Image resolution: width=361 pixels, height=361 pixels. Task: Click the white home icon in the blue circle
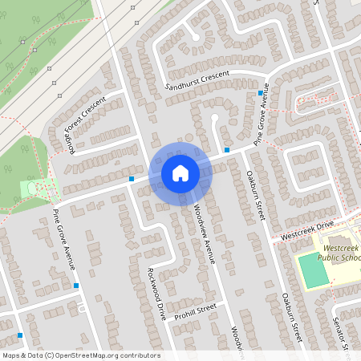click(180, 173)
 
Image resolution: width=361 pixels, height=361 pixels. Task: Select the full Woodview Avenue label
click(205, 233)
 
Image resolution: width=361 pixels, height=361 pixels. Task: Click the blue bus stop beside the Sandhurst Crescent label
click(261, 93)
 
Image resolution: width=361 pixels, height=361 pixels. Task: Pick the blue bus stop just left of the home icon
click(132, 178)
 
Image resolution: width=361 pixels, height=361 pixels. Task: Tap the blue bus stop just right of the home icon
click(228, 149)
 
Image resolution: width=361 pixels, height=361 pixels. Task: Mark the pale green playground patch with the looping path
click(37, 188)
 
